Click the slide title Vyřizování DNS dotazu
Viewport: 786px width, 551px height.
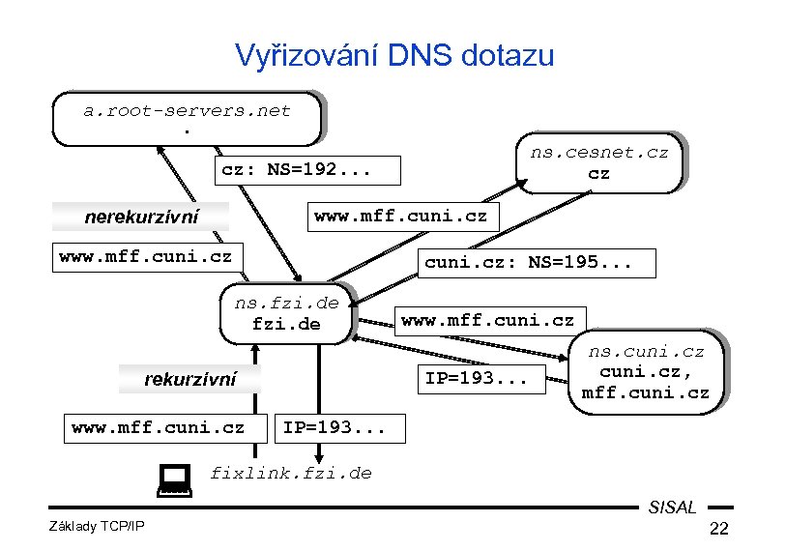click(x=394, y=54)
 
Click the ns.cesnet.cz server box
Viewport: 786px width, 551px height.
click(x=598, y=162)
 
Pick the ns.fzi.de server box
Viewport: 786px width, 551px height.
click(x=286, y=313)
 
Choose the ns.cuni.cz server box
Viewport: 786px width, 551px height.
click(x=645, y=371)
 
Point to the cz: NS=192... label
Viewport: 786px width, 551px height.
click(x=296, y=170)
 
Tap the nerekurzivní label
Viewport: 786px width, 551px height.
click(x=141, y=217)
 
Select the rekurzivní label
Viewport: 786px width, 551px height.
click(x=189, y=380)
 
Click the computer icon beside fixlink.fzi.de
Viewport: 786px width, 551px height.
click(x=174, y=478)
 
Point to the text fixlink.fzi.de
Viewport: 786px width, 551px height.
click(x=290, y=473)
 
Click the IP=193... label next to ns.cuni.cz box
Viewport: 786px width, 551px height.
click(x=476, y=378)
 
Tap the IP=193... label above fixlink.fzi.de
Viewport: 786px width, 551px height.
click(x=333, y=426)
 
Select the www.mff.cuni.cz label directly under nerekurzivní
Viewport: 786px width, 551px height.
click(x=145, y=257)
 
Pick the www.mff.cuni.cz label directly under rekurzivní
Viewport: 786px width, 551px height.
click(x=158, y=426)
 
